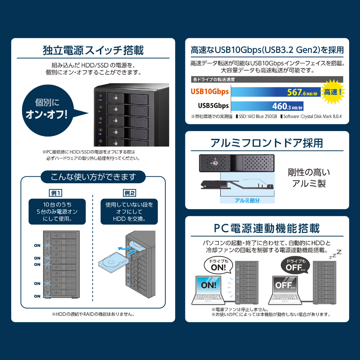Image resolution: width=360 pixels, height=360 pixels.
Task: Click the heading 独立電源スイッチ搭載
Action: point(93,50)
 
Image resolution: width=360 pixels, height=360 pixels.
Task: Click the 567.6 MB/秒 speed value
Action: point(302,93)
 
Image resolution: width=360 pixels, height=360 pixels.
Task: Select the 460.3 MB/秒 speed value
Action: point(287,107)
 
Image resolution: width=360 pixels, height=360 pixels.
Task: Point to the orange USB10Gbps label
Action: point(210,91)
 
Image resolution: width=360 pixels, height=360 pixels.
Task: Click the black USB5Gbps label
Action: point(213,105)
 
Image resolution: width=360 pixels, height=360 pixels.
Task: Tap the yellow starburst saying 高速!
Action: point(333,92)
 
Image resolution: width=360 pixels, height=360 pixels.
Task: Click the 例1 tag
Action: point(56,193)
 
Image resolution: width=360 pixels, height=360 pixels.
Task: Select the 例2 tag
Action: point(130,193)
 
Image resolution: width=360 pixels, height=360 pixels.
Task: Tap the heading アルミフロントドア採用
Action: point(267,143)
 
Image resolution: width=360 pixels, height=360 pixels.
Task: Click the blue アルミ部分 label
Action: point(247,201)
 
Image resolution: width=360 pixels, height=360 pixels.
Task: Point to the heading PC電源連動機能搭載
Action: point(267,229)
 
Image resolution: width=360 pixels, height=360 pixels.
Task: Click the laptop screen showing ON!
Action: point(208,285)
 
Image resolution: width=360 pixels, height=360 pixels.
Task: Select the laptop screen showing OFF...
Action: point(285,285)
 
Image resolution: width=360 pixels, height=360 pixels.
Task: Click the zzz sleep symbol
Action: point(336,254)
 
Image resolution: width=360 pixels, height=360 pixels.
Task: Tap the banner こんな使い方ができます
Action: point(93,177)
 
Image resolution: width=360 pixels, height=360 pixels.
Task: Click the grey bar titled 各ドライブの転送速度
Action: point(267,80)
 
